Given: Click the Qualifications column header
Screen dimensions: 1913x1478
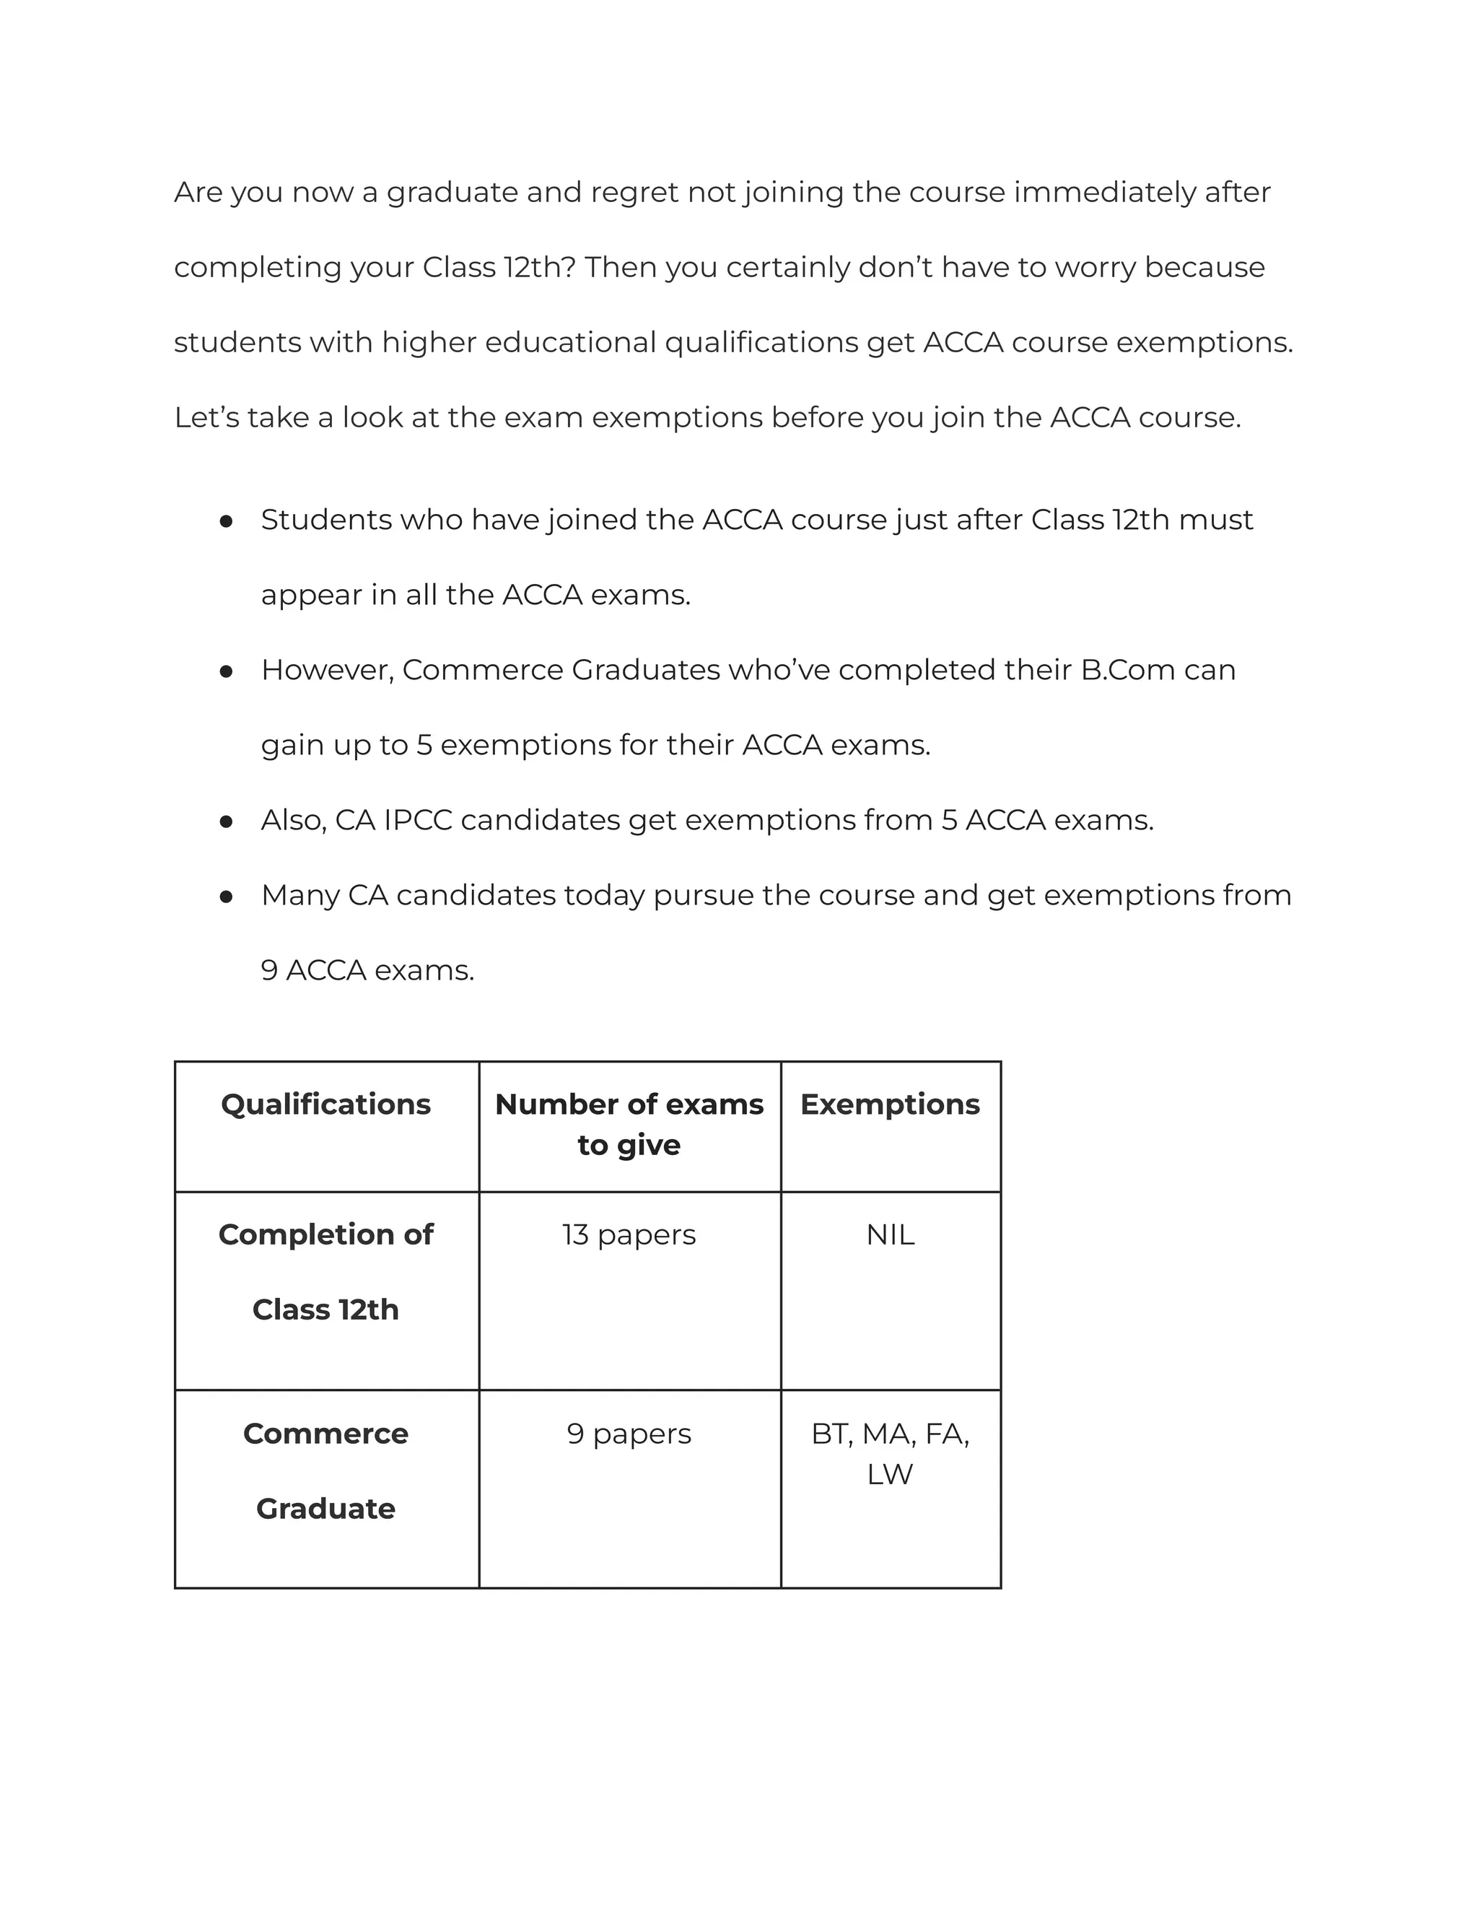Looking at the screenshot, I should (325, 1104).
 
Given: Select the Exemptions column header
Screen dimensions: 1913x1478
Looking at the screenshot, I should (890, 1104).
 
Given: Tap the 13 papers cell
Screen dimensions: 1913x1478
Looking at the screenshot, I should (629, 1234).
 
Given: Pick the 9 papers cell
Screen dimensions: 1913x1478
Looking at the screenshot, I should (629, 1433).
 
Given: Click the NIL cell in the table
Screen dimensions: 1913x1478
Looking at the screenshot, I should (890, 1234).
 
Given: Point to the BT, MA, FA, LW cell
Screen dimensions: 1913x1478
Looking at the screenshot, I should (890, 1453).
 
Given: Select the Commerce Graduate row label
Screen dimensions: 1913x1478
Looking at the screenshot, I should (325, 1470).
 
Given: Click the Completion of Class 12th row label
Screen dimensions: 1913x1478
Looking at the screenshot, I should (325, 1271).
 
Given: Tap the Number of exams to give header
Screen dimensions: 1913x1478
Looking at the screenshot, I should (629, 1124).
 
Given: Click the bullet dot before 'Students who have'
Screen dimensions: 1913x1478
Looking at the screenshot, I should (226, 521).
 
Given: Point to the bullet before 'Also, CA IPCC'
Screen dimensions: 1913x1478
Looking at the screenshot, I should (226, 822).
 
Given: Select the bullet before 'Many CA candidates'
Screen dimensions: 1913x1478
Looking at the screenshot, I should (226, 896).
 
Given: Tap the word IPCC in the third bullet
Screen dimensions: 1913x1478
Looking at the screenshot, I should (418, 820).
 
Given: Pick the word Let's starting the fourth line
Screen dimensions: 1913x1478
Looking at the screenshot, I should (206, 417).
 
